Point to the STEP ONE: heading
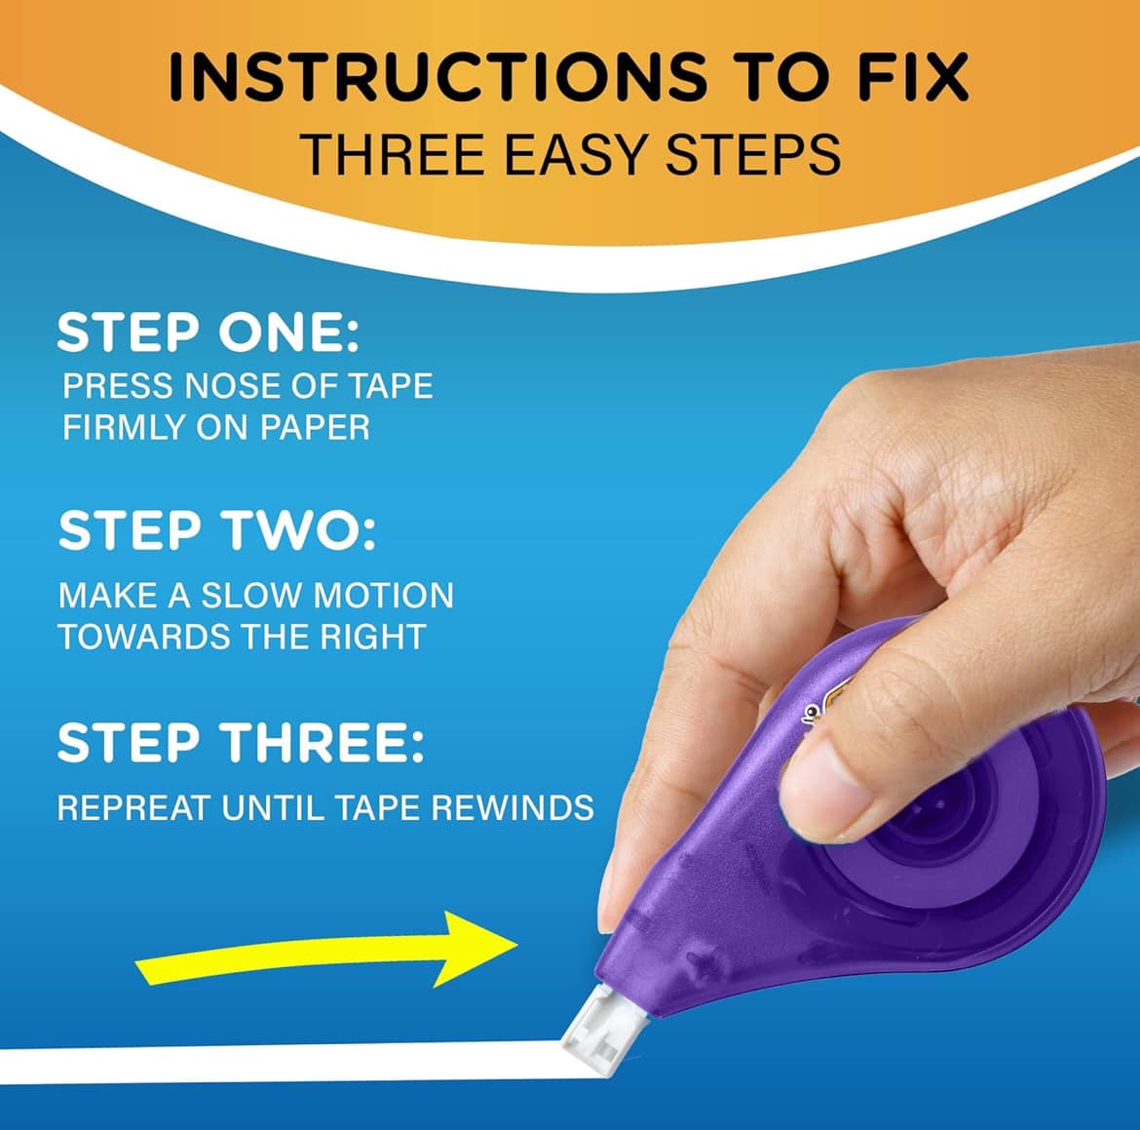coord(208,332)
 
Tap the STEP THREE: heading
coord(241,742)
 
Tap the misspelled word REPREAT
coord(134,807)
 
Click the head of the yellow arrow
coord(476,948)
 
